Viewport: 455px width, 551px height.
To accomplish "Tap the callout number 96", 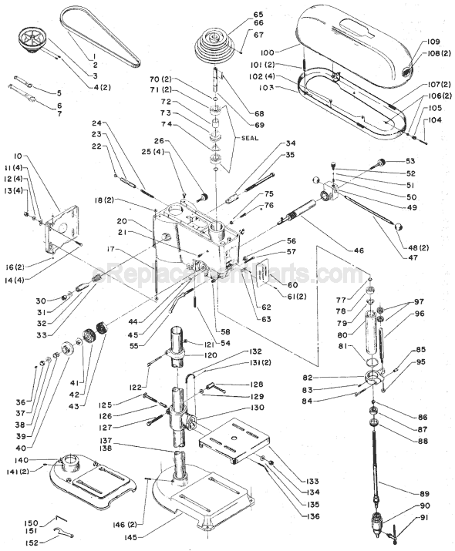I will pos(419,314).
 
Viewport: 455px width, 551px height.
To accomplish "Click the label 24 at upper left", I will pos(96,123).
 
